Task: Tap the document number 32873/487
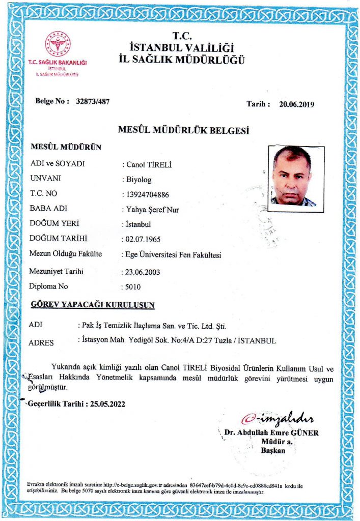click(92, 101)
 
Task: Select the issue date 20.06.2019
click(297, 105)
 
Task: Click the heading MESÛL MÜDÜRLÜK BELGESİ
click(183, 131)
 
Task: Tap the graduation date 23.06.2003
click(142, 272)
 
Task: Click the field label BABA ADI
click(49, 208)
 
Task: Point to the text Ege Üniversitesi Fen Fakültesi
click(173, 255)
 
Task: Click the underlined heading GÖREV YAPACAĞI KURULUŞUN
click(93, 305)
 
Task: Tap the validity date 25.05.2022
click(107, 404)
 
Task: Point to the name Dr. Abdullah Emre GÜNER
click(271, 433)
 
